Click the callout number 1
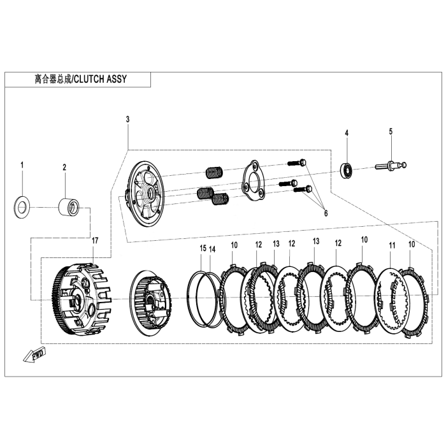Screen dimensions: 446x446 pyautogui.click(x=22, y=166)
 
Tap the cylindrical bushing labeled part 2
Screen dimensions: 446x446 pyautogui.click(x=69, y=207)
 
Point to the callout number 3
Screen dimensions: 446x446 pyautogui.click(x=127, y=119)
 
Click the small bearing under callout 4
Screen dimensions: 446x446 pyautogui.click(x=347, y=169)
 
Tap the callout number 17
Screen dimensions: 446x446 pyautogui.click(x=95, y=240)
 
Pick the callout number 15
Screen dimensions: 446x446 pyautogui.click(x=203, y=248)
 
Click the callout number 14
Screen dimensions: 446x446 pyautogui.click(x=213, y=248)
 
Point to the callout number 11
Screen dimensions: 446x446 pyautogui.click(x=392, y=245)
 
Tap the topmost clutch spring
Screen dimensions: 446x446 pyautogui.click(x=213, y=172)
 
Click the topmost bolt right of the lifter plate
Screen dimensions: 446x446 pyautogui.click(x=297, y=162)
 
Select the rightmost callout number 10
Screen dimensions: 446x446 pyautogui.click(x=411, y=245)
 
